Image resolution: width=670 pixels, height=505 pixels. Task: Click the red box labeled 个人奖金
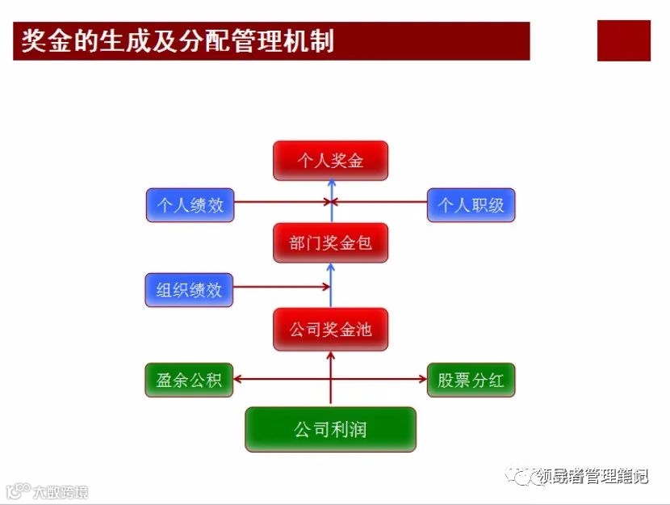click(330, 161)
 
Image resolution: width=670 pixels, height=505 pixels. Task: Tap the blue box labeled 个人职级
click(471, 205)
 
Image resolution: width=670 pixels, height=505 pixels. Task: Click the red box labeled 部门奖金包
click(330, 242)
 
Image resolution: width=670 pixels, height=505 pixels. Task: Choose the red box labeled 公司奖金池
click(330, 330)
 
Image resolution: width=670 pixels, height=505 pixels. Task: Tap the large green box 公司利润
click(330, 429)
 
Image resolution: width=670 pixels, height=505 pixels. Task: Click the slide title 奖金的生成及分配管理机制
click(178, 41)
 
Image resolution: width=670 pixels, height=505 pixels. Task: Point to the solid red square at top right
click(623, 41)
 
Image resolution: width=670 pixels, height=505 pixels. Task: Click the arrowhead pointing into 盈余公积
click(239, 378)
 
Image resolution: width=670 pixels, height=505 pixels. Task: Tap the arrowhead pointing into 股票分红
click(421, 378)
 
